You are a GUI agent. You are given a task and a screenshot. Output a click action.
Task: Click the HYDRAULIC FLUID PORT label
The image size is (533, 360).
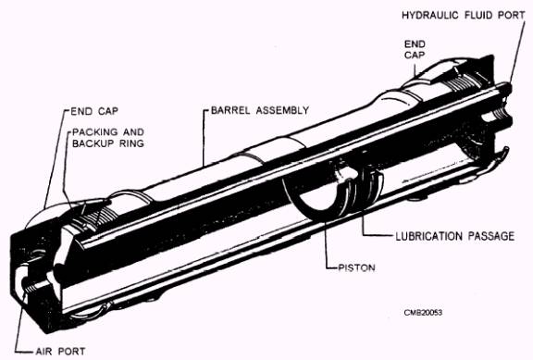(464, 16)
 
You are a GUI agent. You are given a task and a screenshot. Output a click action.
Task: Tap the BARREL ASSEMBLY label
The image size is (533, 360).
(260, 110)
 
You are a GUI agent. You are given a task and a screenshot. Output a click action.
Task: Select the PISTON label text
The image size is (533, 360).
(357, 267)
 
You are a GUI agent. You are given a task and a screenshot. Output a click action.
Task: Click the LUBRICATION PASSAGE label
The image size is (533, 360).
(455, 236)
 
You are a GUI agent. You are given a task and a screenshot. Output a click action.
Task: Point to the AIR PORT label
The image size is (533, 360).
(60, 351)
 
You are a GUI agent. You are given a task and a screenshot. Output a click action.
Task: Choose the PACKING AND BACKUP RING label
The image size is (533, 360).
(108, 138)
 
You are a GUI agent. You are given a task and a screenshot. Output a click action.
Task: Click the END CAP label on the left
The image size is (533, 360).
(94, 111)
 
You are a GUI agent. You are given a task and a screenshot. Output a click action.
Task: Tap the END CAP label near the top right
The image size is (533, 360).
(415, 49)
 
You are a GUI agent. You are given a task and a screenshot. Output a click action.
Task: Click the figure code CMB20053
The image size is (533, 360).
(423, 313)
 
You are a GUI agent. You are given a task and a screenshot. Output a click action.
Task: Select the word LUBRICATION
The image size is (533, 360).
(429, 236)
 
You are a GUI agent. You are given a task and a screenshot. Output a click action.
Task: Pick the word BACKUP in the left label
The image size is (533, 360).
(94, 143)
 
